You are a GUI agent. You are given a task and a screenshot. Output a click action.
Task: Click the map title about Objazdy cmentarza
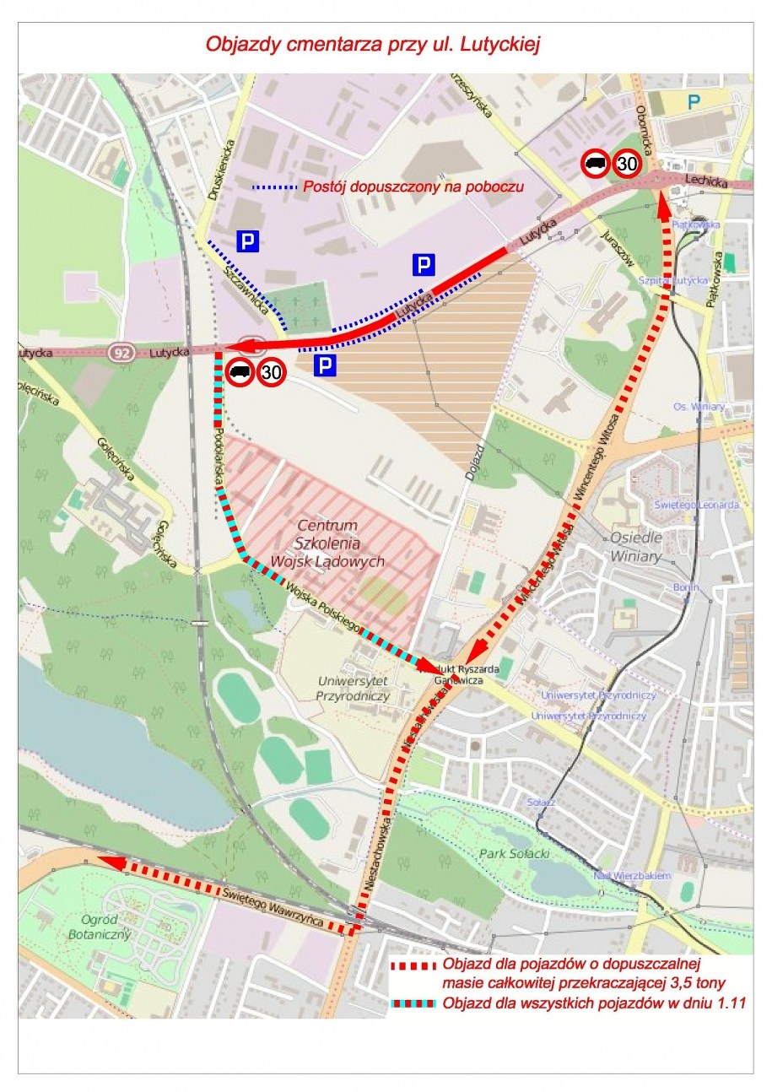point(373,44)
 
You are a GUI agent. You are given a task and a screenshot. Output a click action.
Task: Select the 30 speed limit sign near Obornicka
point(625,164)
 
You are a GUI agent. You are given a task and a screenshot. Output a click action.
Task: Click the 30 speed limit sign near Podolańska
point(272,371)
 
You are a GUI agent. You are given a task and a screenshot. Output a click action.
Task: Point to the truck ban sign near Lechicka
point(596,164)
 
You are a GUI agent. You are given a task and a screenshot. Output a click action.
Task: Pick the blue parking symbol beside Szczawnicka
point(246,241)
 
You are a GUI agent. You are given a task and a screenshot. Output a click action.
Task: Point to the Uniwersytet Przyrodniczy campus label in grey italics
point(354,689)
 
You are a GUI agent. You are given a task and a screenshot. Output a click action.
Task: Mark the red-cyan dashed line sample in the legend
point(413,1004)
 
